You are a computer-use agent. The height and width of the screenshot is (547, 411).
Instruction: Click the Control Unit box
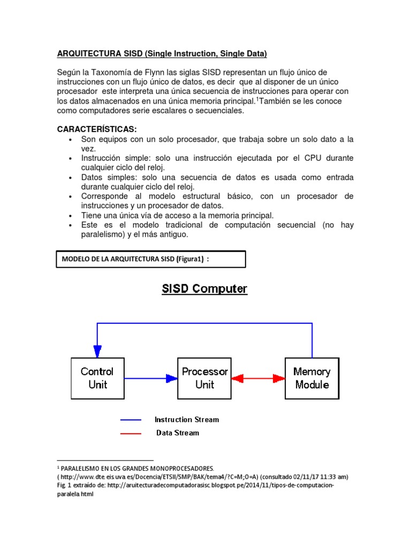(x=97, y=378)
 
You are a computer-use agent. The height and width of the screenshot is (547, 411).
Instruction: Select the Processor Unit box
(x=204, y=378)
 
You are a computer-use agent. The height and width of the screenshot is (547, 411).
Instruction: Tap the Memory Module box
(x=312, y=378)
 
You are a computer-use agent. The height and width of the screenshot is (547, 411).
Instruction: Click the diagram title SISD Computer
(x=205, y=289)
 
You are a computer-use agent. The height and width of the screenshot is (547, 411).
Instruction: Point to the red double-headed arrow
(x=258, y=378)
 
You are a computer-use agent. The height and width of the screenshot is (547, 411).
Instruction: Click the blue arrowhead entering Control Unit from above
(x=97, y=350)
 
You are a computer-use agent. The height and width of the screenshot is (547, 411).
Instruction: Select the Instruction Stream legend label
(x=187, y=419)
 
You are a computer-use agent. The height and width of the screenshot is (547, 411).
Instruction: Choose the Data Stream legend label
(x=178, y=433)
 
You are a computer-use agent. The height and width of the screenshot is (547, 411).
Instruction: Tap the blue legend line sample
(x=131, y=420)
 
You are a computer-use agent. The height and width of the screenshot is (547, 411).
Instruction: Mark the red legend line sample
(x=131, y=433)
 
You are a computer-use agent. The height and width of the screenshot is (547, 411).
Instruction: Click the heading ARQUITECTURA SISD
(x=162, y=53)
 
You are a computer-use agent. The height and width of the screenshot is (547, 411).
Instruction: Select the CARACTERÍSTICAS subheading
(x=97, y=130)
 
